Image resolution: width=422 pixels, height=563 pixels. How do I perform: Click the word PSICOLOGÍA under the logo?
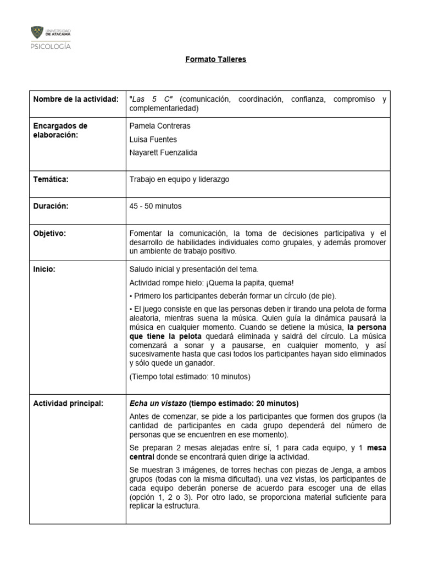pos(50,47)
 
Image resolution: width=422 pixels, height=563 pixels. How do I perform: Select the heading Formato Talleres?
pos(215,59)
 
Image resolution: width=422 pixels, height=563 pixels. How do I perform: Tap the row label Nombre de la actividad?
pos(76,99)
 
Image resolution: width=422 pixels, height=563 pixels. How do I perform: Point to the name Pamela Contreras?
pos(159,126)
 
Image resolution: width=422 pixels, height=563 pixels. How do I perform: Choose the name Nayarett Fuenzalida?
pos(163,153)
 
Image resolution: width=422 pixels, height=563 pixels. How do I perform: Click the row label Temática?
pos(51,179)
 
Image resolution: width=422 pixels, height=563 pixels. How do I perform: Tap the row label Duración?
pos(52,206)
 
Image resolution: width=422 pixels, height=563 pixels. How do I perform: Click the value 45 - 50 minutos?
pos(155,206)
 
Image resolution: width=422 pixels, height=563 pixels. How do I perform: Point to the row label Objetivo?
pos(50,233)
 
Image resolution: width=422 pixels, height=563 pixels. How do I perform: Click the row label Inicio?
pos(45,269)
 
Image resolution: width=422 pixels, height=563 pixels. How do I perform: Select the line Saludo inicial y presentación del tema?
pos(193,269)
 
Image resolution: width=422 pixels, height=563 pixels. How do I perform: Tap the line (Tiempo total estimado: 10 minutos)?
pos(190,377)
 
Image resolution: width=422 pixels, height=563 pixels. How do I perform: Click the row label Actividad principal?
pos(68,404)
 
